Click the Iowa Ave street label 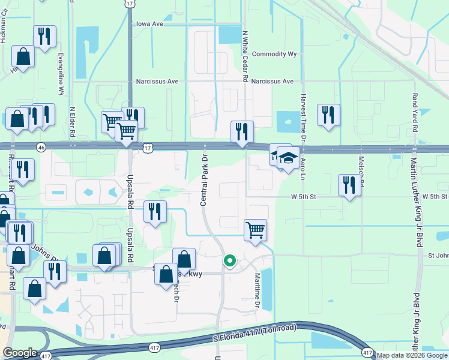(149, 25)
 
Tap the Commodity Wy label (274, 54)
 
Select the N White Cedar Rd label (245, 57)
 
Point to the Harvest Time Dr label (303, 116)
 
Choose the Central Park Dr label (203, 180)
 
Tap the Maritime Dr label (256, 290)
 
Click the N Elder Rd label (72, 124)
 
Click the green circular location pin (229, 260)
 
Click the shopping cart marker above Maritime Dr (256, 229)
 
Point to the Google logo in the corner (20, 352)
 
